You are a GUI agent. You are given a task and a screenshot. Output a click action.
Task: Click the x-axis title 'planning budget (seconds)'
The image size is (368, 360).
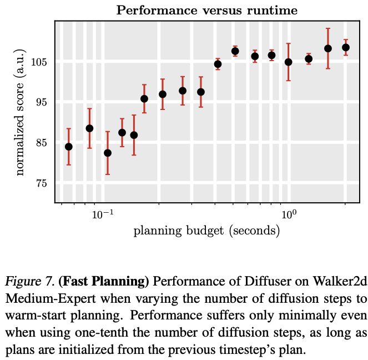click(x=206, y=231)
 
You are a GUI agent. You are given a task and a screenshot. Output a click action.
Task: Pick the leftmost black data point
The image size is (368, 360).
click(x=69, y=147)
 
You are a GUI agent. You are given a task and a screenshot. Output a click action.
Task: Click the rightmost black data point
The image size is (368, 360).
click(x=346, y=48)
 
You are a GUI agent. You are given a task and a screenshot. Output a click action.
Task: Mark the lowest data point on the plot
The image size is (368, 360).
click(x=108, y=153)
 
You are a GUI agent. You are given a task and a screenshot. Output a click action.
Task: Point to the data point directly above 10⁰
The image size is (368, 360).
click(x=288, y=62)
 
